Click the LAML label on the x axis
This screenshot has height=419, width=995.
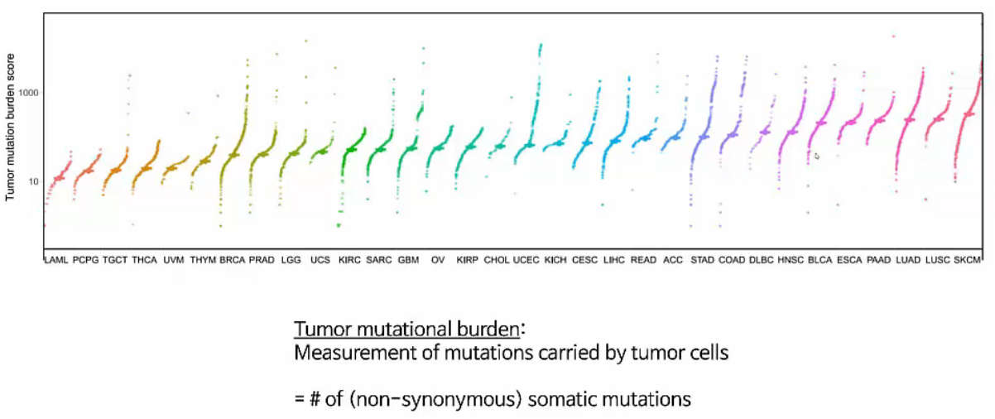click(x=56, y=260)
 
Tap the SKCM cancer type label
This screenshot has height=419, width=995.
click(x=967, y=260)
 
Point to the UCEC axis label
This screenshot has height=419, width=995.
click(x=526, y=260)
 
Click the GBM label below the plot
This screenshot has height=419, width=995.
click(x=408, y=260)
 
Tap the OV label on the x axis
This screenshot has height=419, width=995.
click(x=439, y=260)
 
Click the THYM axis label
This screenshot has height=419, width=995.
click(x=203, y=260)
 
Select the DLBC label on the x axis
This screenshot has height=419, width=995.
click(x=760, y=260)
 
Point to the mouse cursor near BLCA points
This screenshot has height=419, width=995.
click(x=817, y=156)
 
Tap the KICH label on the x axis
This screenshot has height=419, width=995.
click(x=555, y=260)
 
